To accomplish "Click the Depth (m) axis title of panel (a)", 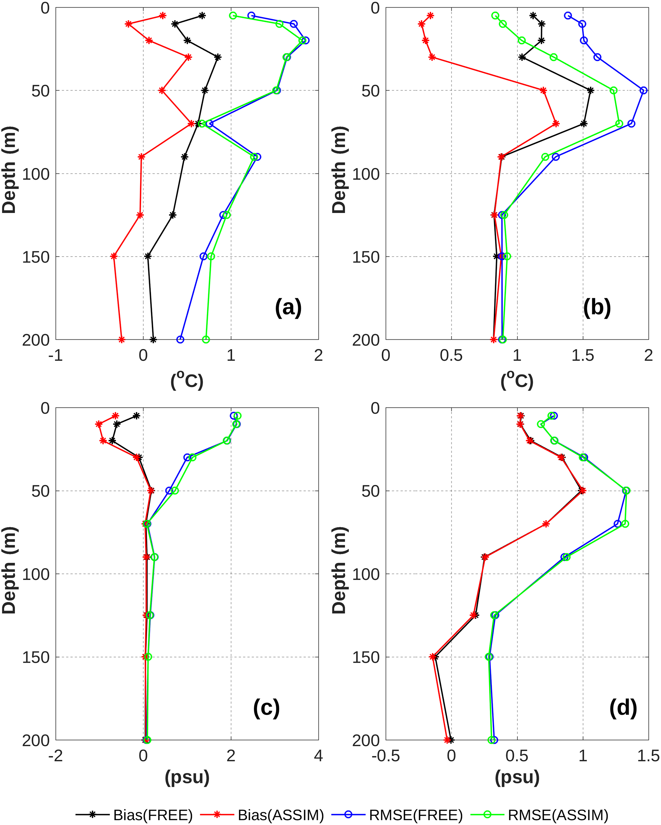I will coord(9,170).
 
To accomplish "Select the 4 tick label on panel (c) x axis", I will coord(318,756).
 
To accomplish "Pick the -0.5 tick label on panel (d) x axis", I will coord(386,756).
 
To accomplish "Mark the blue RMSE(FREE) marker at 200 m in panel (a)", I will coord(180,339).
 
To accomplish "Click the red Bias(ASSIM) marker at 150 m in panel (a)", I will coord(114,256).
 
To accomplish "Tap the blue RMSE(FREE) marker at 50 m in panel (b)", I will coord(644,90).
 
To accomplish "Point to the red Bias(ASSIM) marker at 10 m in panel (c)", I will coord(99,424).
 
